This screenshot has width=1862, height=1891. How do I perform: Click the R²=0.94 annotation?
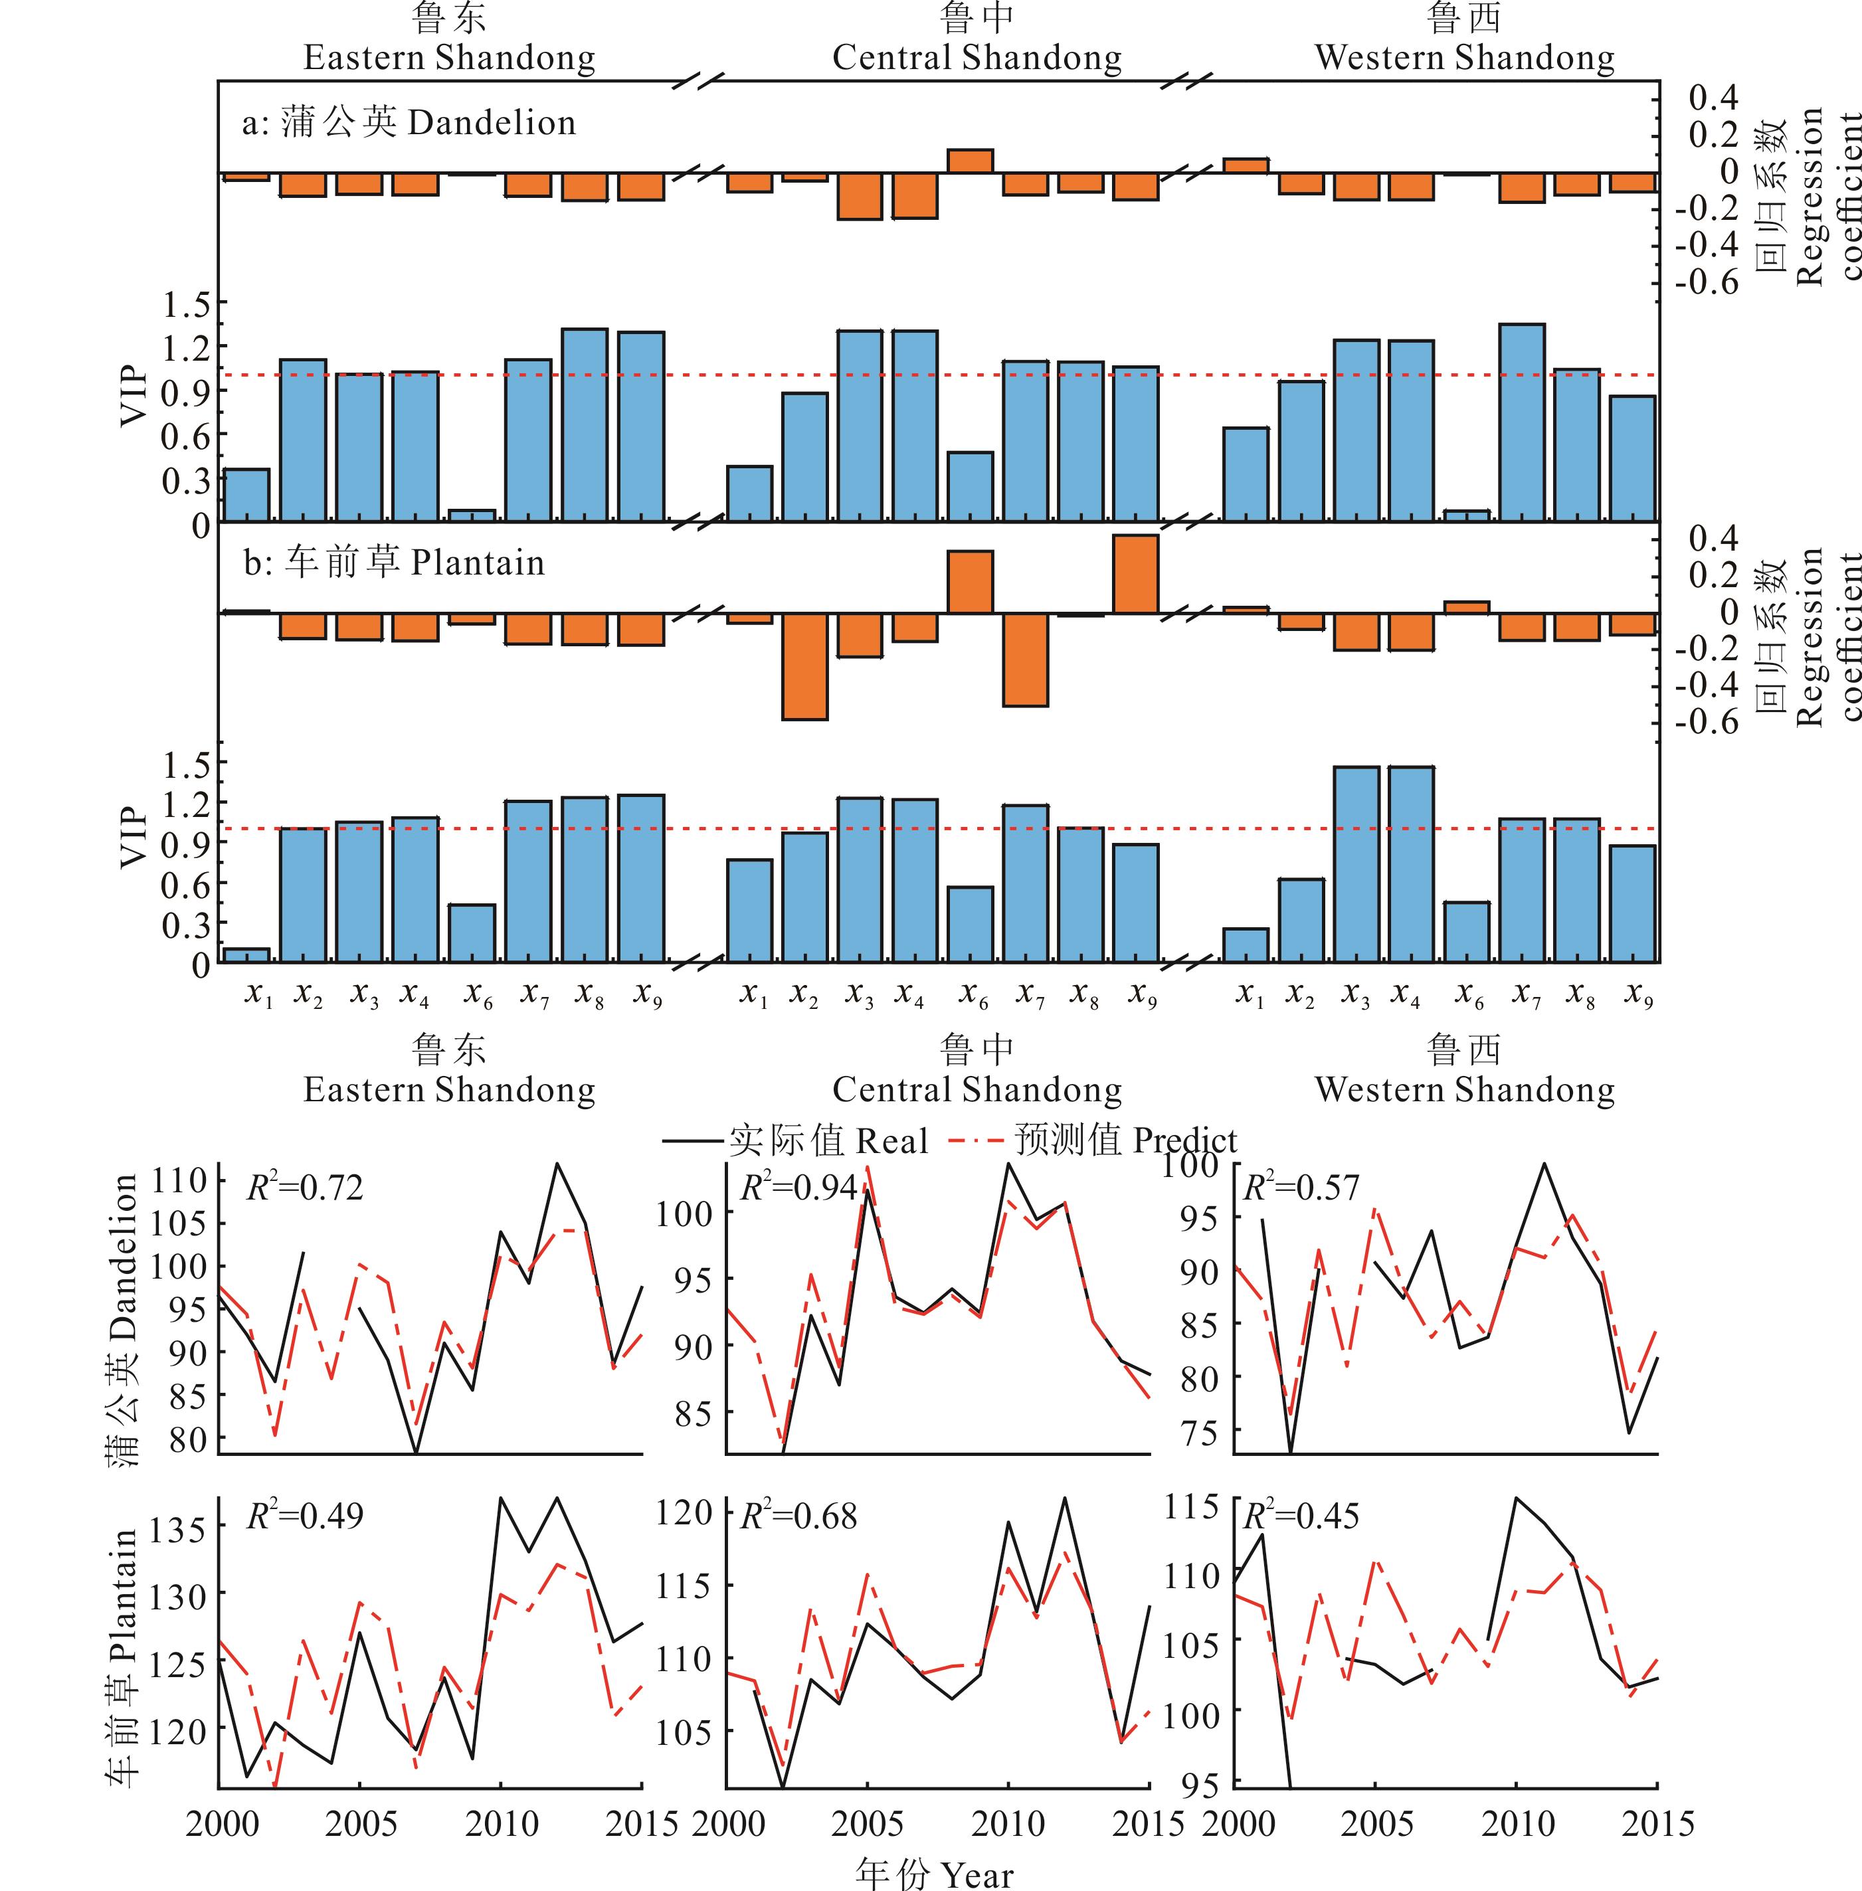click(798, 1187)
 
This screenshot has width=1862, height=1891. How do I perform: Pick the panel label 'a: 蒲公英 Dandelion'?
click(409, 123)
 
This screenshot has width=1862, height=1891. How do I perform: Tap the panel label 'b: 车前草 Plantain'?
click(393, 563)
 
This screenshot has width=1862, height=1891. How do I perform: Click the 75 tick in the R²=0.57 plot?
click(1200, 1433)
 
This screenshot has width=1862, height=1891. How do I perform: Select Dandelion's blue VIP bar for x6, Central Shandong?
click(970, 486)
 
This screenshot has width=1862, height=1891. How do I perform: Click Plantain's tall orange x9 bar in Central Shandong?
click(1135, 574)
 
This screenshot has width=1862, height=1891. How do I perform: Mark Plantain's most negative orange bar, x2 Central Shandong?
click(804, 666)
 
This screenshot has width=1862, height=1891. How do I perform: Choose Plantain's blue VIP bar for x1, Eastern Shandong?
click(246, 954)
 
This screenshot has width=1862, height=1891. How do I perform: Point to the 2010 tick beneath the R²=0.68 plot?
click(1007, 1823)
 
